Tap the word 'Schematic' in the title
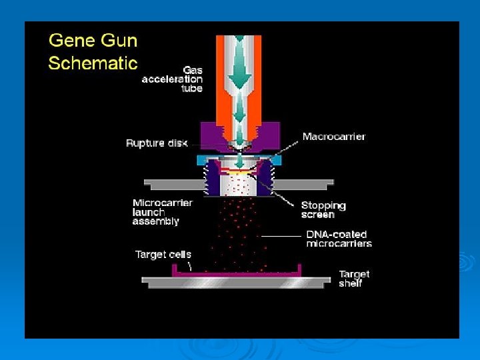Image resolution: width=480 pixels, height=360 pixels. [93, 63]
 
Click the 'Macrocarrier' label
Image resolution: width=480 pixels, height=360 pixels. [334, 137]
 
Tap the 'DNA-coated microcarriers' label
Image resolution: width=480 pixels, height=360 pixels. [339, 239]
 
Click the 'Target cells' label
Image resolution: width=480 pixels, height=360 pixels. [163, 254]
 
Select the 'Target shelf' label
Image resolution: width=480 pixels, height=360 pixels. [354, 279]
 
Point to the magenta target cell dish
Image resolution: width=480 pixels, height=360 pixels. [237, 272]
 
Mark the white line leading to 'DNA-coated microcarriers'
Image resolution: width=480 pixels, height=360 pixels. [281, 235]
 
